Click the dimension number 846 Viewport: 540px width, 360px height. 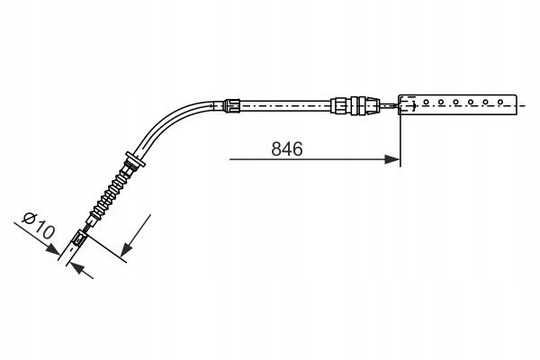(287, 149)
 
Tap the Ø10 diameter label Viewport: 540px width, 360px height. (38, 226)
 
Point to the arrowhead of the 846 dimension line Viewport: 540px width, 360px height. (391, 159)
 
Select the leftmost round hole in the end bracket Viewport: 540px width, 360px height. (426, 102)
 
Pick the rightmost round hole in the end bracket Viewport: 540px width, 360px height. (500, 102)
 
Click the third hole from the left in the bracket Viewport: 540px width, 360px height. (455, 102)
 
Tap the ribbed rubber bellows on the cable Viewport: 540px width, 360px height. (109, 194)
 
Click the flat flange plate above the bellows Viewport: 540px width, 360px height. (135, 159)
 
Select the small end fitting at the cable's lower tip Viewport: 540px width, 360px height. (79, 238)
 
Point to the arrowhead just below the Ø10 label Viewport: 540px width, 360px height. (53, 250)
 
